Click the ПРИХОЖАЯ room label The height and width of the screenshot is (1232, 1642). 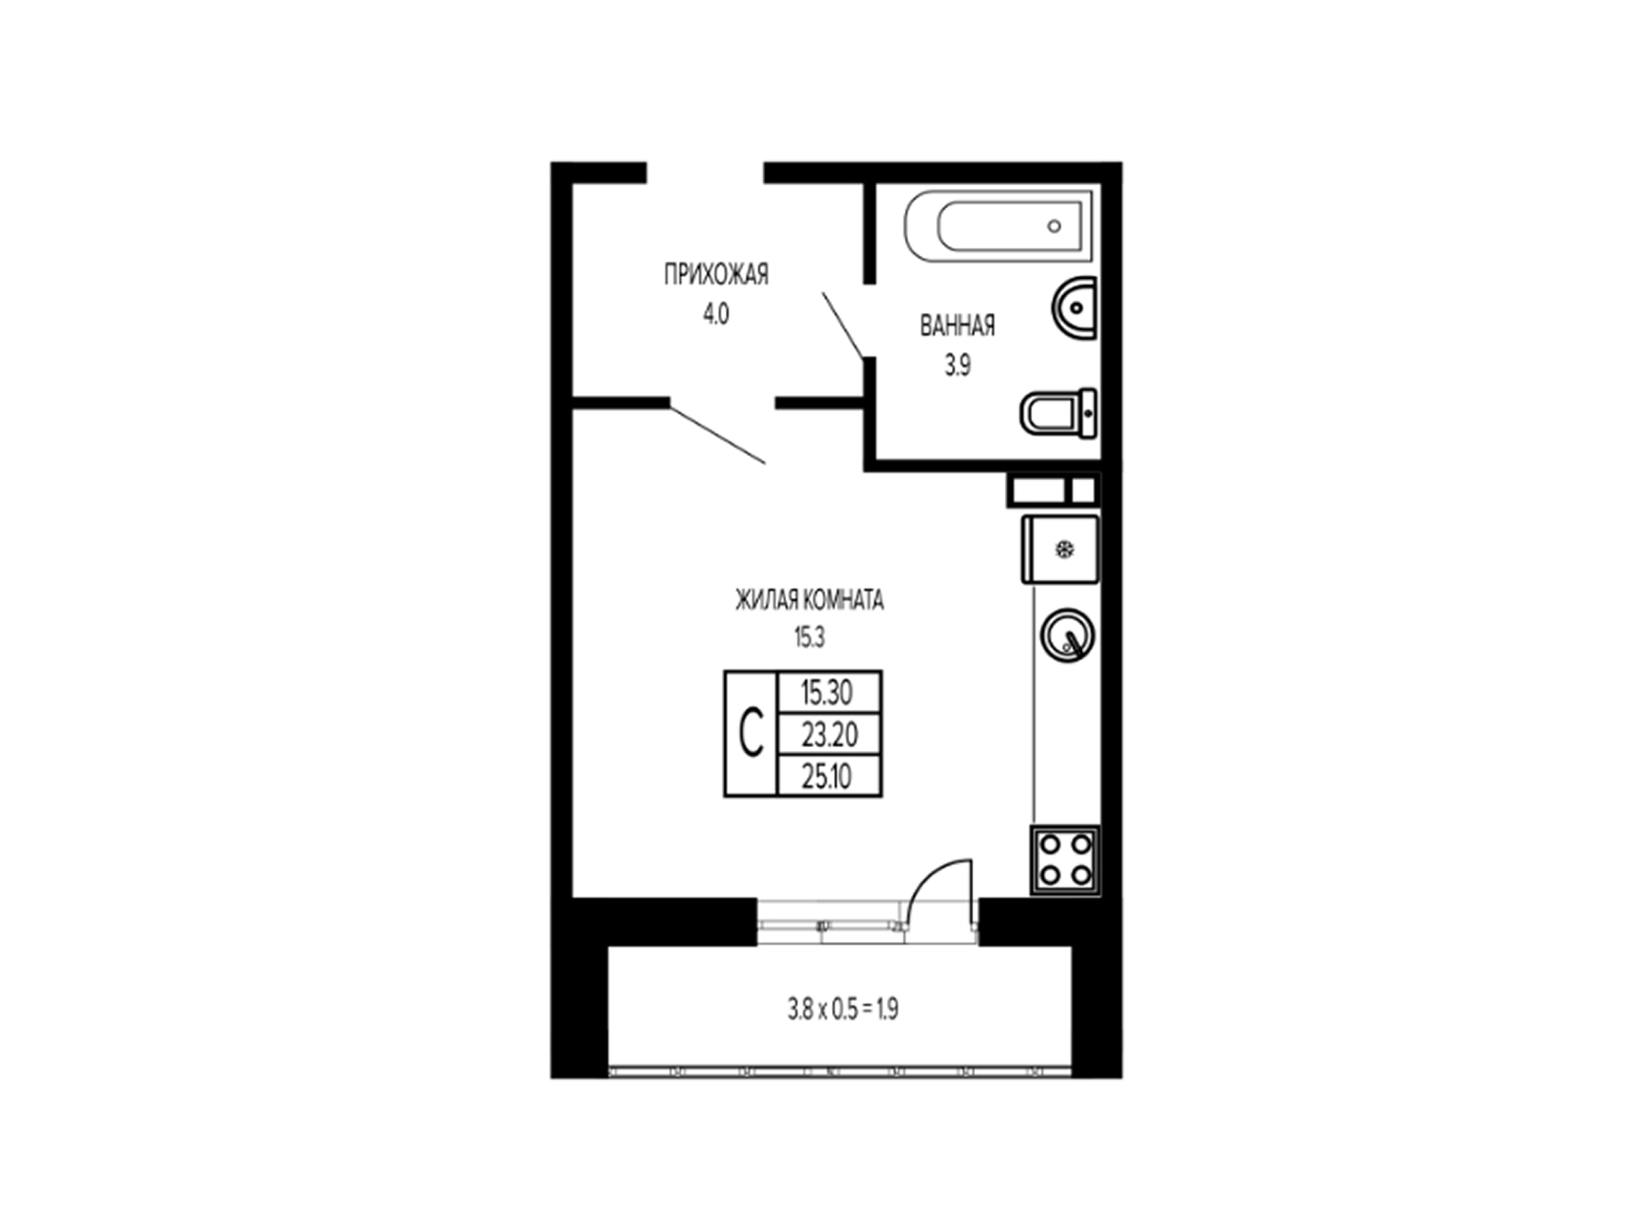(x=716, y=275)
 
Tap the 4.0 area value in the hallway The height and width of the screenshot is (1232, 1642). (x=716, y=315)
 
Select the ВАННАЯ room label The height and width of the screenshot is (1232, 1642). (x=957, y=326)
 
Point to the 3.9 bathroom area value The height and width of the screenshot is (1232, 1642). (x=957, y=366)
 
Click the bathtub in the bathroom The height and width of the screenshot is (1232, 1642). (x=998, y=226)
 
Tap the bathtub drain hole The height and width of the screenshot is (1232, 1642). (x=1054, y=226)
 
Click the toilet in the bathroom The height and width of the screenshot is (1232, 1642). (x=1059, y=413)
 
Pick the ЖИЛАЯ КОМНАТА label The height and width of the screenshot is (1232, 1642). (x=809, y=601)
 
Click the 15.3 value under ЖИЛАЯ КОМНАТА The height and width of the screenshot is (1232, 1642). (x=809, y=637)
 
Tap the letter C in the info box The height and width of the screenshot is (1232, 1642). (x=751, y=734)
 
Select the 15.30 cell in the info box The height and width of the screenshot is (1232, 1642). (x=829, y=691)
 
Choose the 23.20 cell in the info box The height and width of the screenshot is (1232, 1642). (x=829, y=734)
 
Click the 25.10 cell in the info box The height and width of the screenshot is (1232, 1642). (x=829, y=776)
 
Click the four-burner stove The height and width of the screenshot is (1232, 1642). (x=1066, y=860)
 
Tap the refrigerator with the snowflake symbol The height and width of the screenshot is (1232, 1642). (x=1060, y=549)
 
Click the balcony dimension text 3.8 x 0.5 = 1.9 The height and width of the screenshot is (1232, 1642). (x=842, y=1010)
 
